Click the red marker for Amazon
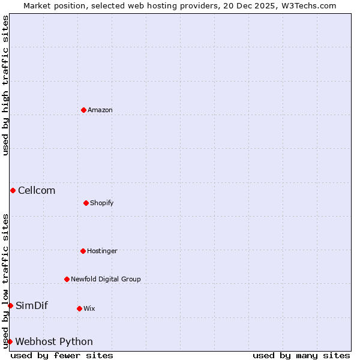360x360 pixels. (x=83, y=110)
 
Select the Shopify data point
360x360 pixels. (x=86, y=203)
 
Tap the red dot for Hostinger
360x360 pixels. (x=83, y=251)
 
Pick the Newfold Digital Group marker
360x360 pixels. (x=67, y=279)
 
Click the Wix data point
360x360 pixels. (x=79, y=308)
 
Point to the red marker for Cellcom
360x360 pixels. (x=13, y=190)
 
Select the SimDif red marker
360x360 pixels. (x=10, y=305)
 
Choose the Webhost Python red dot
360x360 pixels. (x=10, y=341)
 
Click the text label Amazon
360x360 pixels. (x=100, y=110)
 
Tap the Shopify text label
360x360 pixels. (x=102, y=203)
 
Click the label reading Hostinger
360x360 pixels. (x=102, y=251)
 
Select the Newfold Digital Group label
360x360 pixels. (x=106, y=280)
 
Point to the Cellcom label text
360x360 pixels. (x=37, y=191)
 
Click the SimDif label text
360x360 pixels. (x=32, y=306)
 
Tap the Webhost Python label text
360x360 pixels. (x=54, y=342)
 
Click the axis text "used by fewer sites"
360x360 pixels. (x=62, y=355)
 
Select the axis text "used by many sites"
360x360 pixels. (x=301, y=355)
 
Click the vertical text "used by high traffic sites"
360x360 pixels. (x=5, y=85)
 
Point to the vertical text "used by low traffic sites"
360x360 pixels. (x=5, y=280)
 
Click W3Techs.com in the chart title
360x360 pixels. (x=307, y=5)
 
